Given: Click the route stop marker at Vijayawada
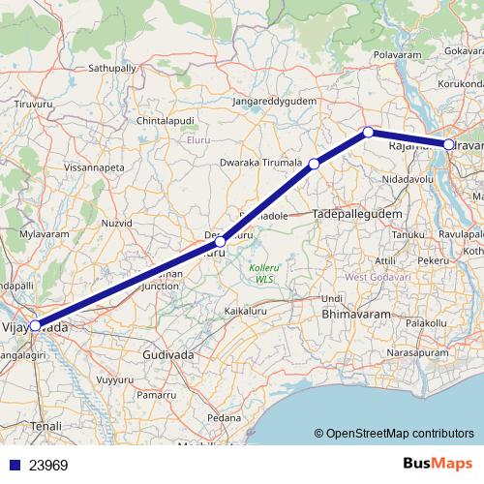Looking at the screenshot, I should click(x=35, y=325).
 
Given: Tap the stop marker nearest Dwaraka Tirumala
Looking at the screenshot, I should click(x=314, y=165).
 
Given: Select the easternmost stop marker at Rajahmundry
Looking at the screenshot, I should click(x=449, y=144).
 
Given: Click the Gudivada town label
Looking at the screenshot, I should click(x=167, y=355).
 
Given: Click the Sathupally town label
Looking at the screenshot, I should click(x=113, y=70).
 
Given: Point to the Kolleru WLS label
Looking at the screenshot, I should click(x=262, y=272).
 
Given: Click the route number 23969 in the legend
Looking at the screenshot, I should click(x=47, y=466).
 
